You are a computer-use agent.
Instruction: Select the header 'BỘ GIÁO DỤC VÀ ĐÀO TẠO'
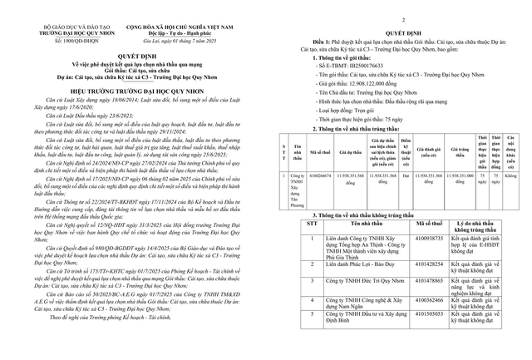coord(52,26)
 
